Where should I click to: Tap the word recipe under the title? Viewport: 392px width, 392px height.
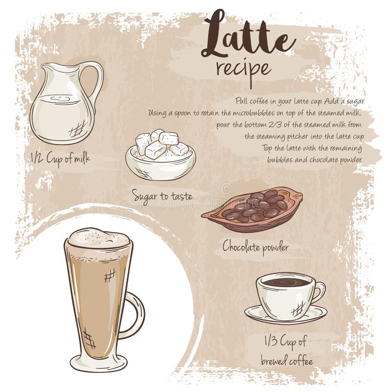[x=244, y=69]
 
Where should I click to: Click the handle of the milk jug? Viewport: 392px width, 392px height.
[x=95, y=81]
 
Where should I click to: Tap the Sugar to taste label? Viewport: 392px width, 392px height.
[x=162, y=197]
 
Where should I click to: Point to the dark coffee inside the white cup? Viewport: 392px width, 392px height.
[x=285, y=282]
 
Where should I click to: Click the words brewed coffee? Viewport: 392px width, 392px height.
[x=286, y=362]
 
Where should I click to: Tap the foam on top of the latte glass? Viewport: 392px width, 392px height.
[x=98, y=239]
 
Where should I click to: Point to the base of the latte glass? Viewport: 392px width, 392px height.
[x=98, y=363]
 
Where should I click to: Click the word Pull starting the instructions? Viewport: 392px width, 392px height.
[x=242, y=101]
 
